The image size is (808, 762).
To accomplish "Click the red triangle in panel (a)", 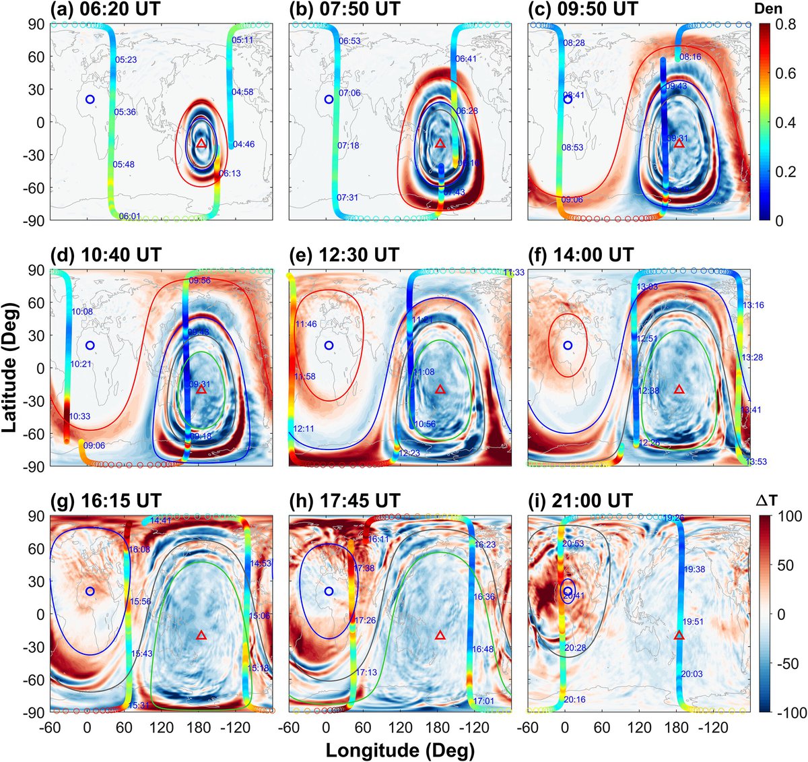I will [201, 143].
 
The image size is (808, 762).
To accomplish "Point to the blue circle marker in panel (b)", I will [329, 99].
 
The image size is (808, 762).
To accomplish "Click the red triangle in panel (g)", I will [201, 635].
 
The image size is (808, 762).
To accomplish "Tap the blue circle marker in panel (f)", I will [568, 345].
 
